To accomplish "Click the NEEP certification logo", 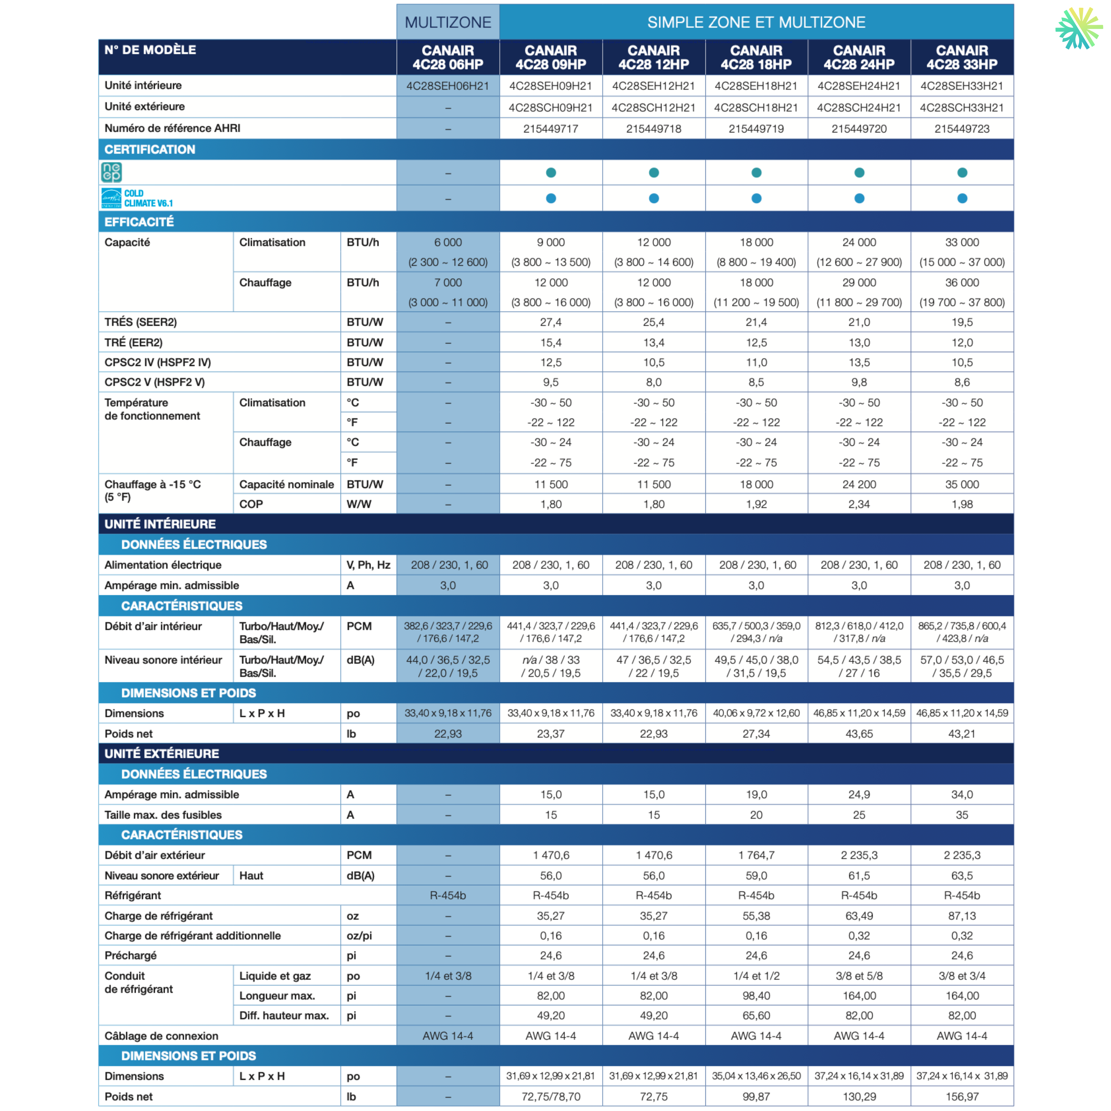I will (111, 172).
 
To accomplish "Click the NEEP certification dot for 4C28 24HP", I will (859, 173).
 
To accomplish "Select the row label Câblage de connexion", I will (162, 1036).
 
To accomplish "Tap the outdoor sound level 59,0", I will (756, 875).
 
